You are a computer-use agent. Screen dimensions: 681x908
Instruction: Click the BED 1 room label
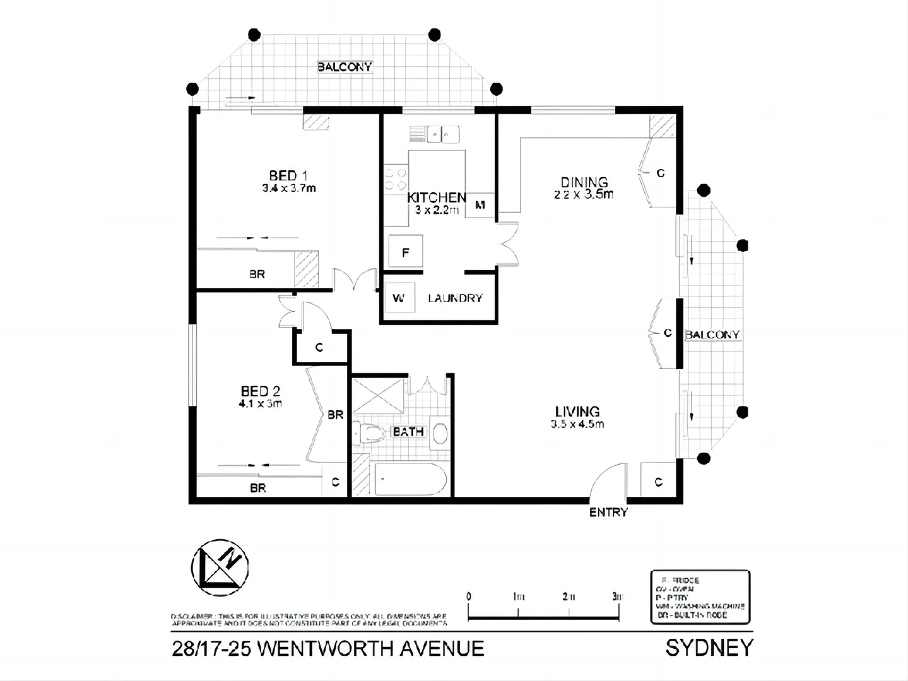288,175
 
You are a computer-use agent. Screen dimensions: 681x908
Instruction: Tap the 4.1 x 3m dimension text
260,404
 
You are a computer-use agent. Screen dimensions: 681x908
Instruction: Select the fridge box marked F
405,253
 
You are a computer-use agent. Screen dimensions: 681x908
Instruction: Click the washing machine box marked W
399,298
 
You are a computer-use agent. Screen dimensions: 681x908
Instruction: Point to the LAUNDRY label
455,298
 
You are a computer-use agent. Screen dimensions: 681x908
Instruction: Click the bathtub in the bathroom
411,480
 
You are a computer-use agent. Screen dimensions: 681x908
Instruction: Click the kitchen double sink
442,134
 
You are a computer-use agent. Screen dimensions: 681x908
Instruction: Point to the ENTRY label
608,513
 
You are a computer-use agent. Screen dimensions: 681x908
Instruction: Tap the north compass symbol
220,567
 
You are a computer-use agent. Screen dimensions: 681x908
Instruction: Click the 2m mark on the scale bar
569,597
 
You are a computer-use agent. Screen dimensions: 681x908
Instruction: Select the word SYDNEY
709,648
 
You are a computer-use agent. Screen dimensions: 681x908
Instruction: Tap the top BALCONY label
345,67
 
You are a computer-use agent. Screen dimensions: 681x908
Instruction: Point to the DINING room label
584,183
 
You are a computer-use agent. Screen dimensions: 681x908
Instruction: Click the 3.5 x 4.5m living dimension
577,424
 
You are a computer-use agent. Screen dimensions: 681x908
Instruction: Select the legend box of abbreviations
700,597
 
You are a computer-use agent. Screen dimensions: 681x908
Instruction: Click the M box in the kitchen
480,205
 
